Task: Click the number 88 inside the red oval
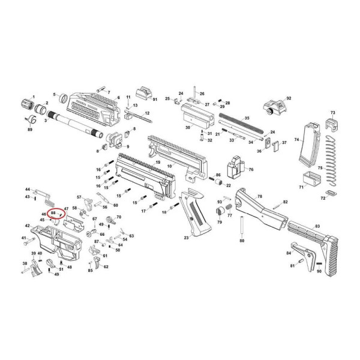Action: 53,212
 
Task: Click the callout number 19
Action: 157,163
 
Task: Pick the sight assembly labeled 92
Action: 274,109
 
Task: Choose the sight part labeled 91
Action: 143,95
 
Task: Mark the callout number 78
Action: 259,197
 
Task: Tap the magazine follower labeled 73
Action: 331,123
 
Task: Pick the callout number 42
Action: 28,226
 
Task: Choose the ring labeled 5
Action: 63,95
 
